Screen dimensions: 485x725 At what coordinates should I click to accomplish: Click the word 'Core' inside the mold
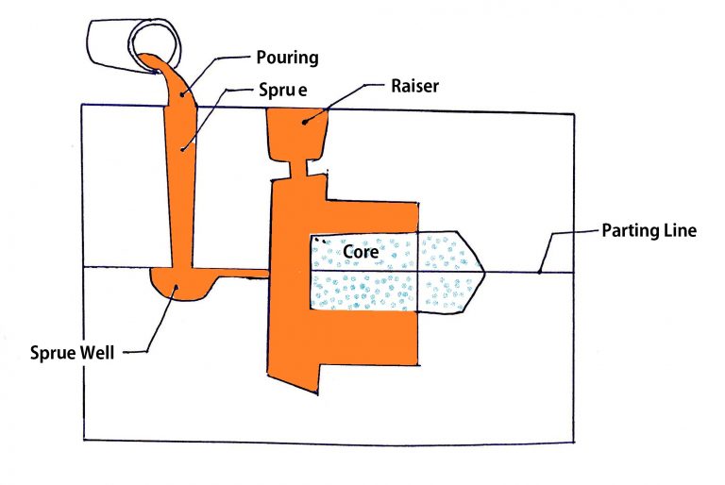pyautogui.click(x=361, y=253)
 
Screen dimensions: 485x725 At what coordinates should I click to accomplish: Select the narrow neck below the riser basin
pyautogui.click(x=298, y=170)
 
